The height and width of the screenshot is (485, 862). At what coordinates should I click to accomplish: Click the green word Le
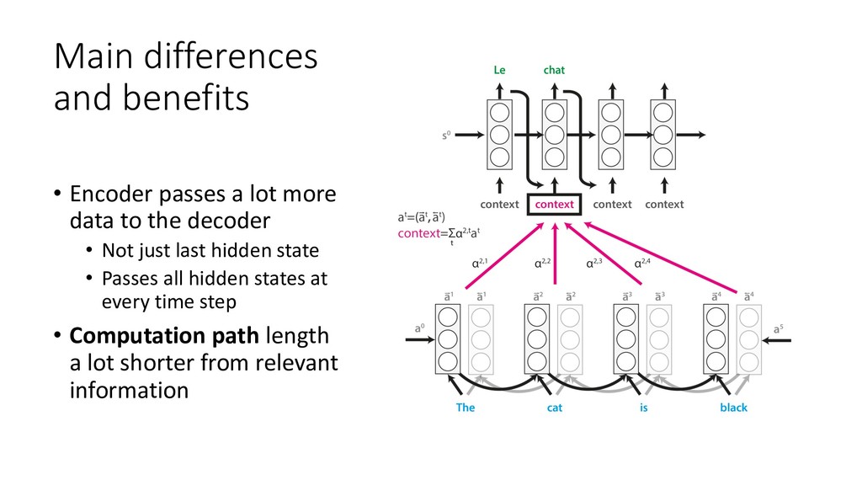click(x=499, y=71)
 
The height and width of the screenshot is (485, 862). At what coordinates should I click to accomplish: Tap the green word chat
click(x=554, y=71)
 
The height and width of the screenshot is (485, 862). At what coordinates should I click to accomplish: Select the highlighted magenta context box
click(x=554, y=205)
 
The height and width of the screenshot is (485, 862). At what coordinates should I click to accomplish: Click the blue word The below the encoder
click(x=466, y=408)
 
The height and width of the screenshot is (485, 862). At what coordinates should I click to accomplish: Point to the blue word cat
click(x=555, y=408)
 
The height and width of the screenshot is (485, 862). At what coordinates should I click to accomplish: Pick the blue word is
click(x=643, y=408)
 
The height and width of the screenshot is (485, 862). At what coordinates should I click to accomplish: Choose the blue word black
click(x=733, y=408)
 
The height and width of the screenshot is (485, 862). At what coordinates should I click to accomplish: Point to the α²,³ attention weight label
click(x=595, y=264)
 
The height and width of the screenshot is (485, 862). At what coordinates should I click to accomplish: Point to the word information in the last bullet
click(x=129, y=390)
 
